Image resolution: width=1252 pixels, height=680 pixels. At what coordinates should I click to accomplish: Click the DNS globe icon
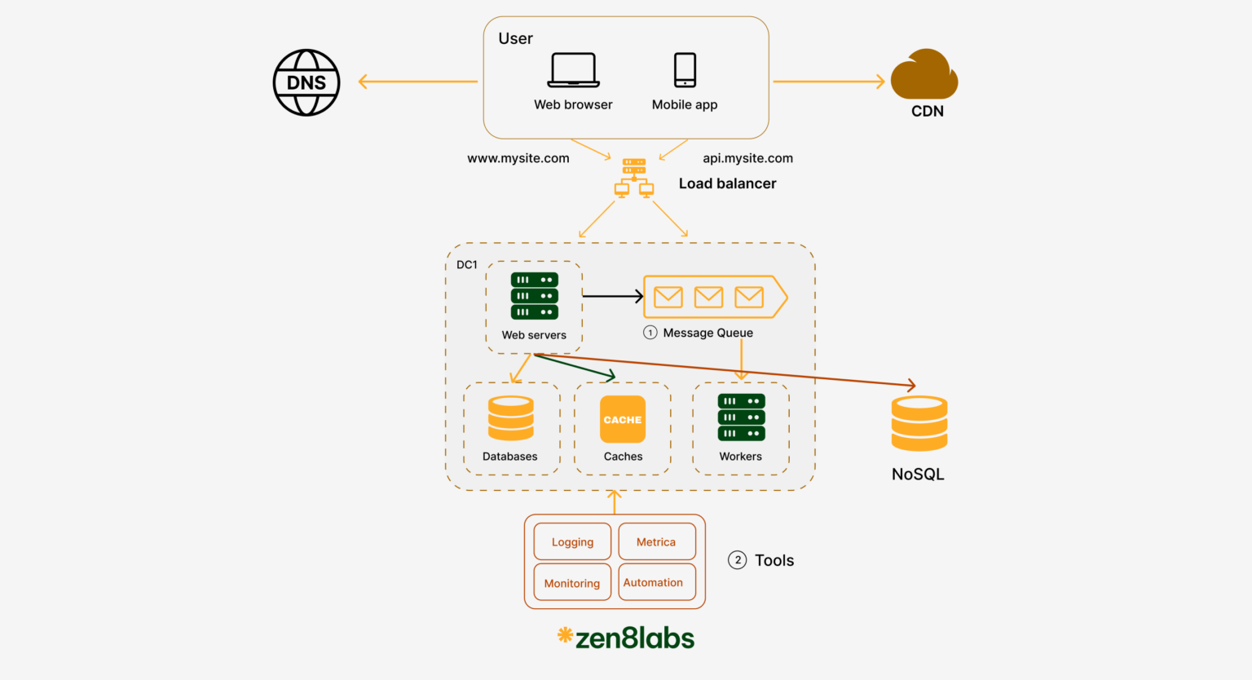click(306, 82)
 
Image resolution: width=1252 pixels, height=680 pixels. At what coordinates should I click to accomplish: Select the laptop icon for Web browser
click(573, 70)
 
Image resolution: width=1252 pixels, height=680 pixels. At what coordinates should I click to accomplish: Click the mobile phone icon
click(685, 70)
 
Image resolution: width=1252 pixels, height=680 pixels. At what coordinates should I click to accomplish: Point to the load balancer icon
click(634, 178)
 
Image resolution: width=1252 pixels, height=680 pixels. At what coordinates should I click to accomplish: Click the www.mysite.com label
click(518, 158)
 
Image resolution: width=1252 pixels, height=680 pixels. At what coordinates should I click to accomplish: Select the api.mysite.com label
click(747, 158)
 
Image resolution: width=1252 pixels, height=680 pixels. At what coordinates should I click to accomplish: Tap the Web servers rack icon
click(535, 296)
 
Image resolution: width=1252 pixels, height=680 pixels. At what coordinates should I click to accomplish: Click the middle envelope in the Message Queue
click(708, 297)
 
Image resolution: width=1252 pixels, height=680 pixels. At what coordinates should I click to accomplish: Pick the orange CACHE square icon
click(623, 419)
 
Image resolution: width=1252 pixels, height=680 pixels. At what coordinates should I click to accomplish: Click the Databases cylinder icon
click(511, 418)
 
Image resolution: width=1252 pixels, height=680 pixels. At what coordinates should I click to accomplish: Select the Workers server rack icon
click(741, 417)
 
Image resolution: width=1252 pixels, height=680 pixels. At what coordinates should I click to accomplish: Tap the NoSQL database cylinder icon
click(919, 423)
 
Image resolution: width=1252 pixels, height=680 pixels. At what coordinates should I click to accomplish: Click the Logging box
click(572, 541)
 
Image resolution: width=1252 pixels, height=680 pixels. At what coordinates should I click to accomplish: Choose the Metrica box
click(657, 541)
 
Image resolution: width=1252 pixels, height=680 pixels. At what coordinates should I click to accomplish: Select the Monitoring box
click(572, 582)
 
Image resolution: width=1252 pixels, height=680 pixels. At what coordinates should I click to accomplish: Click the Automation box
click(657, 582)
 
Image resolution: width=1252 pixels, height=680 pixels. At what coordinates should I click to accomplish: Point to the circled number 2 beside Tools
click(737, 560)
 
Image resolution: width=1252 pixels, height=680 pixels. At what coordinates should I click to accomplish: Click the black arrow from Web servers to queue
click(612, 296)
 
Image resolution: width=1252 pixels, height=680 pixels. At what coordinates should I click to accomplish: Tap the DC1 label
click(467, 265)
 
